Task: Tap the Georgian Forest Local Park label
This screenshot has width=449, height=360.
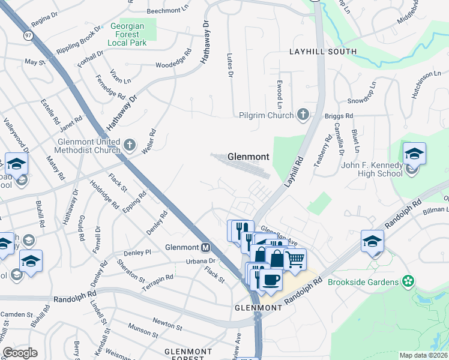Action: [x=131, y=35]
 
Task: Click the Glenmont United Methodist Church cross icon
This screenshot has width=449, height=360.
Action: [x=130, y=145]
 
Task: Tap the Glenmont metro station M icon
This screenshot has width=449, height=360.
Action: [x=206, y=247]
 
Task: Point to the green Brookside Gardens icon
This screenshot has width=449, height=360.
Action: [x=408, y=281]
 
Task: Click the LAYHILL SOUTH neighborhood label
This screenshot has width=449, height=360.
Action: [x=322, y=53]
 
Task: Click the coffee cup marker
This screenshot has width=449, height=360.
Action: [x=271, y=280]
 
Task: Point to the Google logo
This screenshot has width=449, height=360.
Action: [x=20, y=353]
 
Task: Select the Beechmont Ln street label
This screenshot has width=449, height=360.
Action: [x=168, y=11]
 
